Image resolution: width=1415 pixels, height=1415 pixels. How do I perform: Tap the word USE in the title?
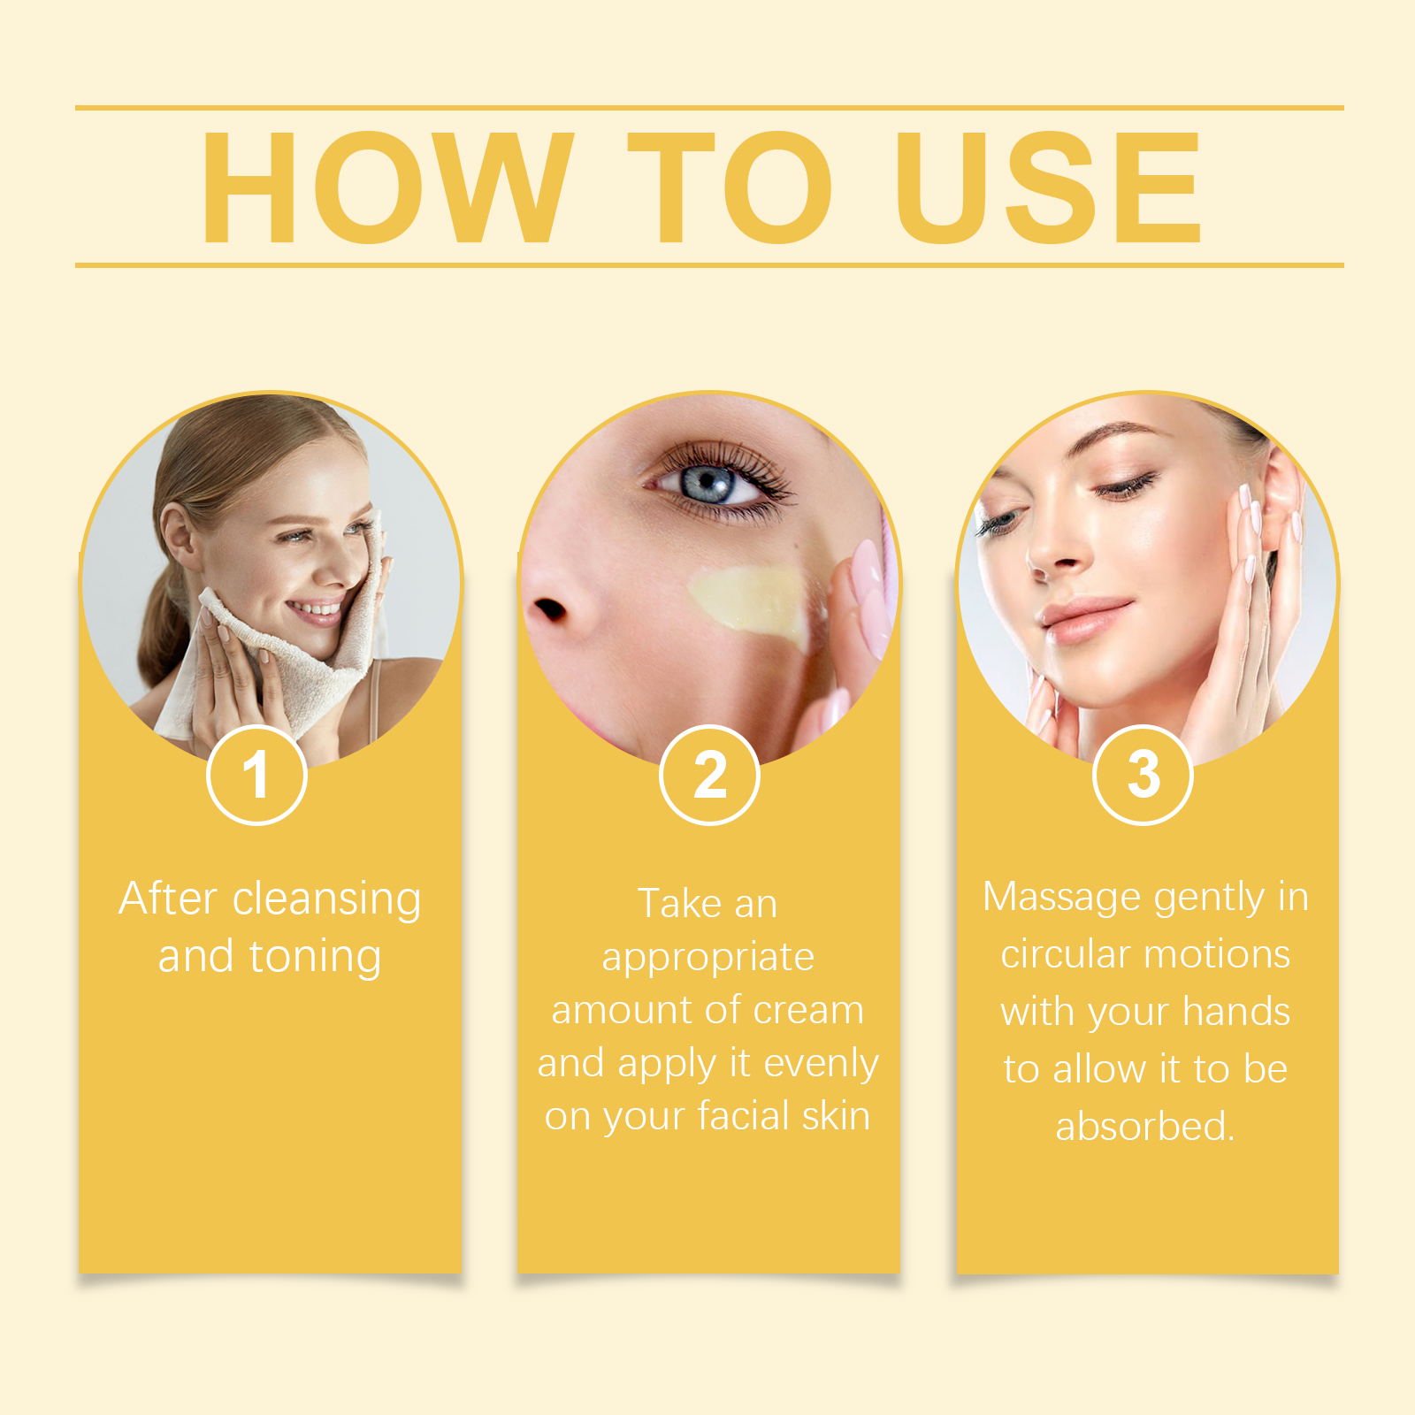[x=1048, y=187]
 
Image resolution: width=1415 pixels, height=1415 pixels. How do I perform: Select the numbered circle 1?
[x=256, y=775]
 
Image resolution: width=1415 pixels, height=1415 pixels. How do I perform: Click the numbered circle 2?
[x=709, y=775]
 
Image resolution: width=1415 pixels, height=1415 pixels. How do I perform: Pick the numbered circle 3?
[x=1143, y=775]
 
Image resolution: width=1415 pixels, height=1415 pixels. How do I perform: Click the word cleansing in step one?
[x=326, y=900]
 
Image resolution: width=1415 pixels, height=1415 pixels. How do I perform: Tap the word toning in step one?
[x=315, y=958]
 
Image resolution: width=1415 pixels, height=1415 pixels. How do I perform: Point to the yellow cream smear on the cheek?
[x=747, y=602]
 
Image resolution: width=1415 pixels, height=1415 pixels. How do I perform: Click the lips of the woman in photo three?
[x=1086, y=618]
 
